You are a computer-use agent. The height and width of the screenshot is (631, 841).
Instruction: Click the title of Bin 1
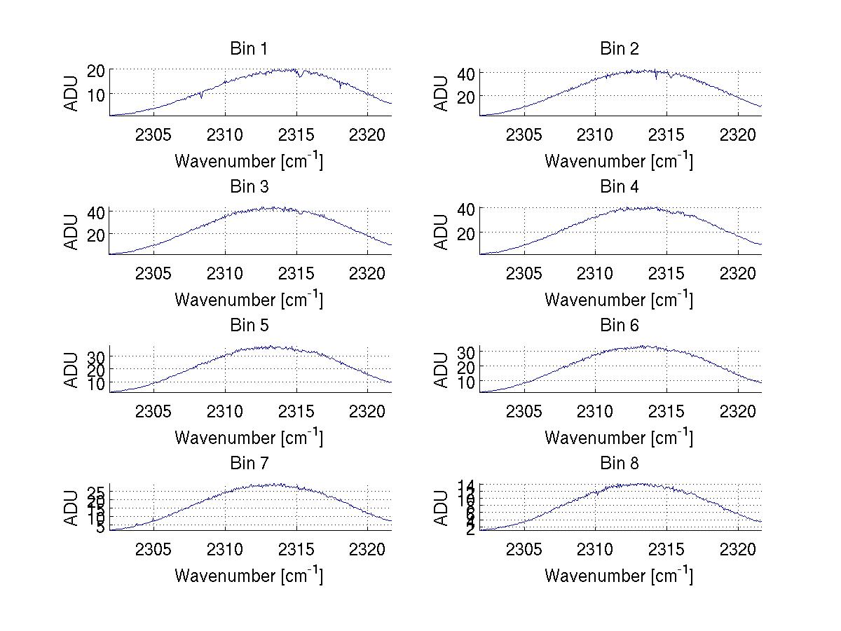click(249, 49)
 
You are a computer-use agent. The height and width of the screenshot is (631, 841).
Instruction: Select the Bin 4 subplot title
click(620, 187)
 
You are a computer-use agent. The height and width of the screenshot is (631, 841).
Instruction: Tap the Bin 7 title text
click(249, 464)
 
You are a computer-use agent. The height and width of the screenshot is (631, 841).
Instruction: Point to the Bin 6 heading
click(620, 326)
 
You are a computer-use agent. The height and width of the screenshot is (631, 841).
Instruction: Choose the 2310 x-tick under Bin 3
click(225, 272)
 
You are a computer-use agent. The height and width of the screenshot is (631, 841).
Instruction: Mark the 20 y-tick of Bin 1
click(96, 70)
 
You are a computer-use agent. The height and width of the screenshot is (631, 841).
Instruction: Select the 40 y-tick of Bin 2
click(467, 73)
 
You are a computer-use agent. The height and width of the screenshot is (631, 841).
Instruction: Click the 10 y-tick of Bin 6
click(467, 382)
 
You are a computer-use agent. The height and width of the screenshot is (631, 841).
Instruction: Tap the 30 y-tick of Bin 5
click(96, 356)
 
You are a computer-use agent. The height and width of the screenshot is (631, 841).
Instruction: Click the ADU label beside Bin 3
click(71, 230)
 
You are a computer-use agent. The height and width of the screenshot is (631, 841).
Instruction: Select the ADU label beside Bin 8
click(442, 507)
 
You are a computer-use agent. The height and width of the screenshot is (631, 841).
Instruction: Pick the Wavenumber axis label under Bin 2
click(619, 161)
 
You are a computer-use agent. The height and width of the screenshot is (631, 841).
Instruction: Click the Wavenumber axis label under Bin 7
click(249, 576)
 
